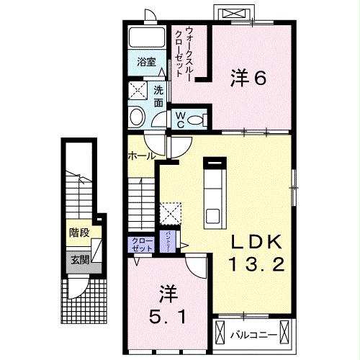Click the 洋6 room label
pyautogui.click(x=249, y=77)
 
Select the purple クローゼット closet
pyautogui.click(x=141, y=243)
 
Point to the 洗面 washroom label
pyautogui.click(x=158, y=94)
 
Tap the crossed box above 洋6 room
pyautogui.click(x=235, y=14)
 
